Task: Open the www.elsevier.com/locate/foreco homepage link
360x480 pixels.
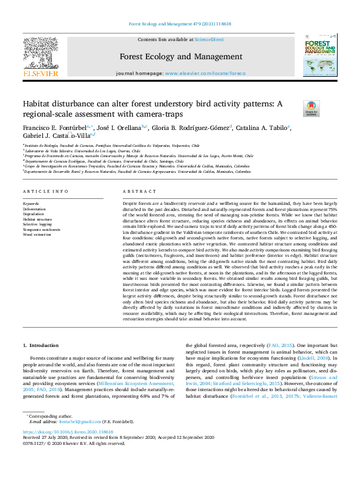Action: (206, 73)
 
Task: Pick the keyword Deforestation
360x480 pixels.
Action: (34, 209)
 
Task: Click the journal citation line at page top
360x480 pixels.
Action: (179, 25)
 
